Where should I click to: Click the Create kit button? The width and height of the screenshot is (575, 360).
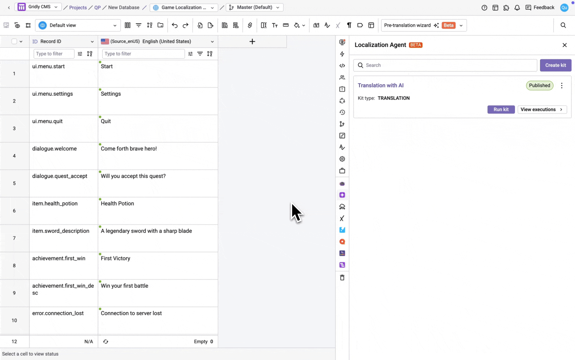(555, 65)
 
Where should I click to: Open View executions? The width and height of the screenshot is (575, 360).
(542, 109)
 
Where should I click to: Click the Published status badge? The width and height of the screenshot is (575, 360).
(539, 85)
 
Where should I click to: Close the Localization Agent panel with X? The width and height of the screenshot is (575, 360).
(564, 45)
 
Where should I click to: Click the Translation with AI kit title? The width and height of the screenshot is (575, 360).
(381, 85)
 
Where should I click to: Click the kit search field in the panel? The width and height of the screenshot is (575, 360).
(445, 65)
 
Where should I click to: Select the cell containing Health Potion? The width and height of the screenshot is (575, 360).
(158, 211)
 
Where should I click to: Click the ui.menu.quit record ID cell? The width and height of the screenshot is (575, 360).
(63, 128)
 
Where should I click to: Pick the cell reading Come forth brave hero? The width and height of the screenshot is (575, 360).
(158, 156)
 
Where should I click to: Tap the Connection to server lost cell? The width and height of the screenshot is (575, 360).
(158, 320)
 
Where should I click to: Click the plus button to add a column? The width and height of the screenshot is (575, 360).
(252, 41)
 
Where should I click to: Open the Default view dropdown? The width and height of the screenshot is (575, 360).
(78, 25)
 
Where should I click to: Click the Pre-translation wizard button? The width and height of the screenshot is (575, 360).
(424, 25)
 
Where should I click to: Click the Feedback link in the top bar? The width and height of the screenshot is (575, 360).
(540, 7)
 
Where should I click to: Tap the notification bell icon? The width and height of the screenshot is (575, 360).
(517, 8)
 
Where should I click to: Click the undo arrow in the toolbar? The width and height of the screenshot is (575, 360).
(174, 25)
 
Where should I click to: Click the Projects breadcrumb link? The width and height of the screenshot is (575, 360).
(78, 7)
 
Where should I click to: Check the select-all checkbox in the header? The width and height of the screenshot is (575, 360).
(14, 41)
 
